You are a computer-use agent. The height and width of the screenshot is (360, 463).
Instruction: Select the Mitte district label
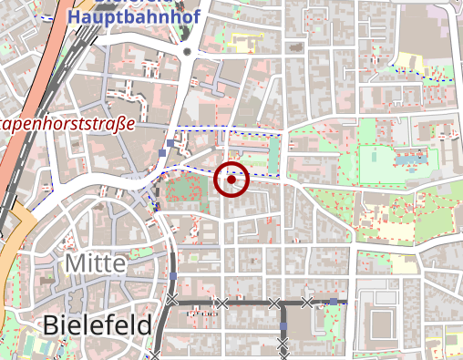click(95, 264)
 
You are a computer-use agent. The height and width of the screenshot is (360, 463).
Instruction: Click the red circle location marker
click(232, 180)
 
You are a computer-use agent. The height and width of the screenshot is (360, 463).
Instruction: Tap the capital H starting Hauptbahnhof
click(74, 16)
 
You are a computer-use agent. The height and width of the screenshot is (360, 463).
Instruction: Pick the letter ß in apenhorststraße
click(117, 122)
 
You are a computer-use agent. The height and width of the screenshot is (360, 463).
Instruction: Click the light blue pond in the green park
click(410, 159)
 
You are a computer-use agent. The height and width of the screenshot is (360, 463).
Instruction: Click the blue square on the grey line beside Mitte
click(172, 275)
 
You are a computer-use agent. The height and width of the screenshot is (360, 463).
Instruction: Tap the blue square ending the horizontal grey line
click(334, 301)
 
